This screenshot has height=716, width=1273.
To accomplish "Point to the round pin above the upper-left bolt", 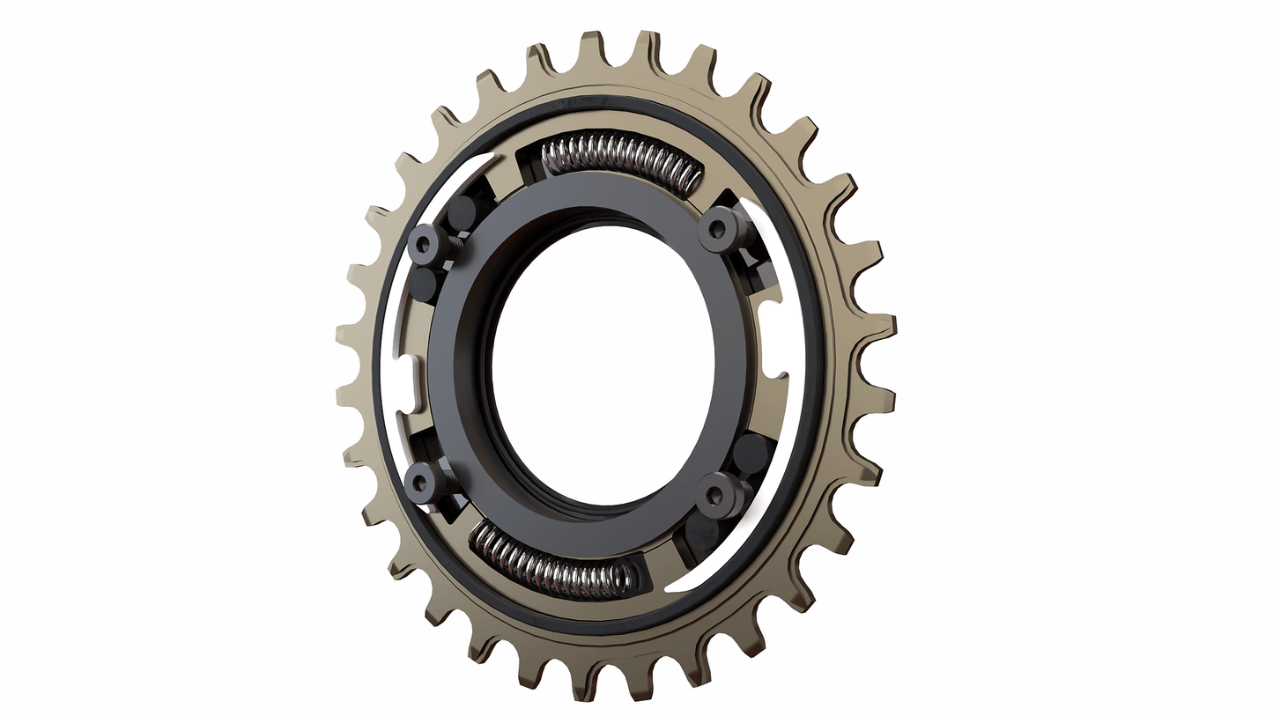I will point(462,211).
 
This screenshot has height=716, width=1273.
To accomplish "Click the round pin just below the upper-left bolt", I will point(427,284).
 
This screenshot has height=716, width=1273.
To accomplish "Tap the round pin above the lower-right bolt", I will point(750,452).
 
